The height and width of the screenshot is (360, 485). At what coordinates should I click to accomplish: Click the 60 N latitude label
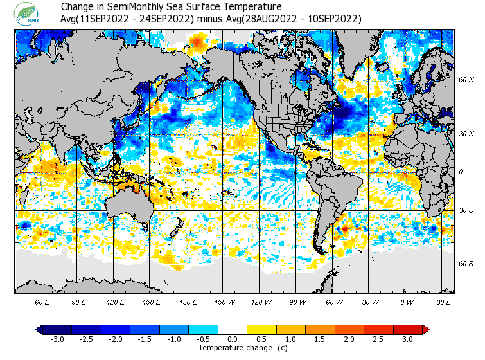click(x=466, y=80)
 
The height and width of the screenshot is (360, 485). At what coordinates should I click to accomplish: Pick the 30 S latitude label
click(x=466, y=210)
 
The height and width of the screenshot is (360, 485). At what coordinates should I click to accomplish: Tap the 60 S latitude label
click(x=466, y=264)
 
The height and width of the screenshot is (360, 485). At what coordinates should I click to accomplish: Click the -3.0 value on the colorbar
click(x=57, y=339)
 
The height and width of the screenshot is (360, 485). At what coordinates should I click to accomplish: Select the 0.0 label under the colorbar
click(x=233, y=339)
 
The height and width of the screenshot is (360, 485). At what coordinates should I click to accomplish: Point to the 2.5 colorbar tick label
click(x=379, y=339)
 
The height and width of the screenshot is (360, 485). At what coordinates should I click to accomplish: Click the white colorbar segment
click(x=233, y=329)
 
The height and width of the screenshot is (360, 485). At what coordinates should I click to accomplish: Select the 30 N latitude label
click(x=466, y=134)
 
